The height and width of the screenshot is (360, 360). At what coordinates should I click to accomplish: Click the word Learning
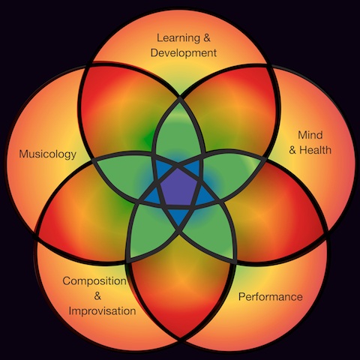point(178,38)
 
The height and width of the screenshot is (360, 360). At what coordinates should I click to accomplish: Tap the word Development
point(184,53)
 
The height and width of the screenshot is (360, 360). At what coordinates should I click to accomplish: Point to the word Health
point(315,150)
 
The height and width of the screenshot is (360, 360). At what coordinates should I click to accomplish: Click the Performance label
point(271,297)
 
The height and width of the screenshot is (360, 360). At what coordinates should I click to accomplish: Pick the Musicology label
point(48,154)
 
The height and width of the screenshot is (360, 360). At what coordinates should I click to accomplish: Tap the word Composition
point(94,281)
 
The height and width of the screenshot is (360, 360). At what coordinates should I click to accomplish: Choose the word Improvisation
point(102,311)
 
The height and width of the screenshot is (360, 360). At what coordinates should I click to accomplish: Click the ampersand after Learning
point(207,38)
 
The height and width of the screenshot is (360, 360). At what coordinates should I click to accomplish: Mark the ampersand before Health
point(292,150)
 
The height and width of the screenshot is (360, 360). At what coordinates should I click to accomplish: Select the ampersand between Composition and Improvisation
point(97,296)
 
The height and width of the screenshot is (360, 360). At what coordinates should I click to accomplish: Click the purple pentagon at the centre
point(178,187)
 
